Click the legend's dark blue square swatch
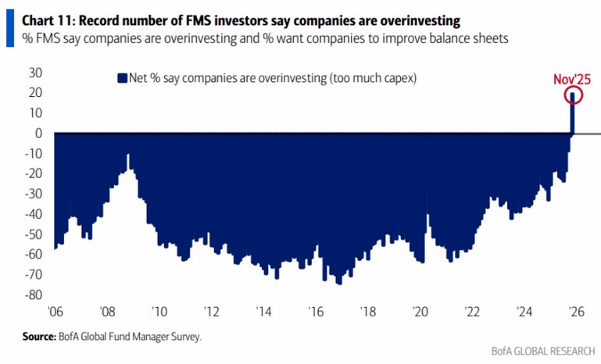(x=121, y=77)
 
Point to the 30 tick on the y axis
(x=34, y=73)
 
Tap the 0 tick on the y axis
(x=38, y=133)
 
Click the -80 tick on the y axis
(x=32, y=294)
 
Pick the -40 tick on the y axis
(x=32, y=213)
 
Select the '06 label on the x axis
(x=55, y=311)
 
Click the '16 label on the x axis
(x=316, y=311)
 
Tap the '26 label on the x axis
(x=576, y=311)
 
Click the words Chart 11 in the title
(x=40, y=9)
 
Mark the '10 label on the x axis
(x=159, y=311)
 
